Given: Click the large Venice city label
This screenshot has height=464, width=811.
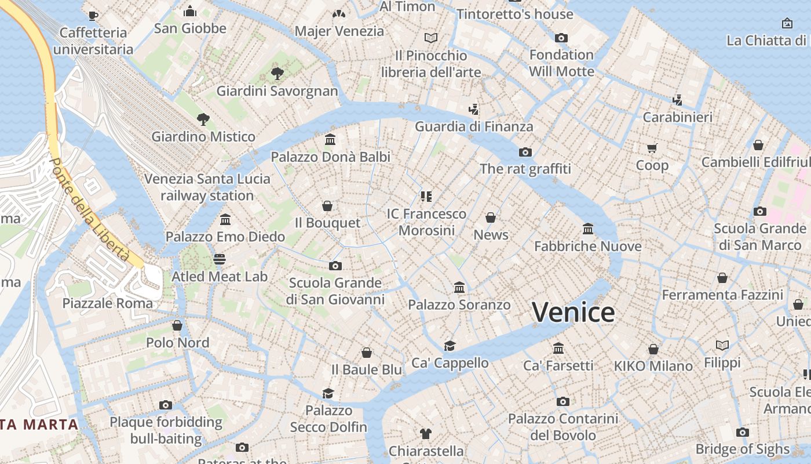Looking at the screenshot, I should pyautogui.click(x=573, y=312).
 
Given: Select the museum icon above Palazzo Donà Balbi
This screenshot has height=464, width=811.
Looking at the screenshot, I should pyautogui.click(x=331, y=140).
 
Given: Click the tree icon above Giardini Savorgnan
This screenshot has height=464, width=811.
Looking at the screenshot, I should pyautogui.click(x=277, y=73).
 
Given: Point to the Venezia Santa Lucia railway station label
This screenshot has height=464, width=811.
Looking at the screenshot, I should pyautogui.click(x=207, y=187).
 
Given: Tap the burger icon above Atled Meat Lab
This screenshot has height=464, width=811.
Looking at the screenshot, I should pyautogui.click(x=220, y=259).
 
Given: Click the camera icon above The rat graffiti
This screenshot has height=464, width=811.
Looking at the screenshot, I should pyautogui.click(x=525, y=152).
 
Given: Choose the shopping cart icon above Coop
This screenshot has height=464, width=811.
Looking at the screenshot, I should pyautogui.click(x=652, y=148).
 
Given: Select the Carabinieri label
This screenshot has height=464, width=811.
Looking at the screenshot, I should pyautogui.click(x=678, y=117).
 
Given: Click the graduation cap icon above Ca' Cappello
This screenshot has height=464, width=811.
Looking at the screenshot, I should pyautogui.click(x=450, y=346).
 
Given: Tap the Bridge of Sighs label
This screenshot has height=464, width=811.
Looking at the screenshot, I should pyautogui.click(x=742, y=449).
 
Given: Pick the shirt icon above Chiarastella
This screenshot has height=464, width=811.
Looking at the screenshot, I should pyautogui.click(x=426, y=433).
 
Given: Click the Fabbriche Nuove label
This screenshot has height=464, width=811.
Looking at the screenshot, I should pyautogui.click(x=587, y=246).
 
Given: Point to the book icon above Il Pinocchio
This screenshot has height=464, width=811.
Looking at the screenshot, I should pyautogui.click(x=430, y=38).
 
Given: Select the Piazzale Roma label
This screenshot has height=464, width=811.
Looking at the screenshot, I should pyautogui.click(x=108, y=303).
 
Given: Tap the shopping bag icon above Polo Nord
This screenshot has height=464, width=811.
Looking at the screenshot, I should pyautogui.click(x=177, y=325).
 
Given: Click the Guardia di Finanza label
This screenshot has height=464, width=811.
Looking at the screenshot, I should pyautogui.click(x=474, y=126).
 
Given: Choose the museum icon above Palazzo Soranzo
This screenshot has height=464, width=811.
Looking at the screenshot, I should pyautogui.click(x=459, y=287).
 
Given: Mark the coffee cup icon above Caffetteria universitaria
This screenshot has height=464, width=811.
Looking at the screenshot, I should pyautogui.click(x=93, y=16).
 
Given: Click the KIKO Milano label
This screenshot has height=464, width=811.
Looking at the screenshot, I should pyautogui.click(x=653, y=366).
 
